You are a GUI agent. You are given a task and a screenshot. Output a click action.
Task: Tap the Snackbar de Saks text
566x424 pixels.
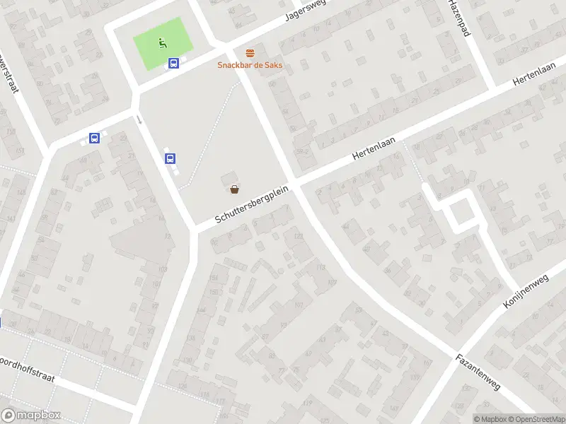point(249,65)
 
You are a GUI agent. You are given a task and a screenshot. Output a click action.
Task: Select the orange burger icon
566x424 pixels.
point(249,53)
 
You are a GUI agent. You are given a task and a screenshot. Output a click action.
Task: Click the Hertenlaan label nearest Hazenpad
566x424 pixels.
point(536,77)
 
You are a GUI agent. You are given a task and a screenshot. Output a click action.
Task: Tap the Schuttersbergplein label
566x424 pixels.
point(253,206)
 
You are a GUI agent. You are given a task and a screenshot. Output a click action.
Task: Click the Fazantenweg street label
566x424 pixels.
point(478,372)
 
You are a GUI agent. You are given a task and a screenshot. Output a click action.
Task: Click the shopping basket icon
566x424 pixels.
point(234,189)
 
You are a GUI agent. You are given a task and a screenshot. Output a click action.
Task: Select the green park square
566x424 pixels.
point(163,44)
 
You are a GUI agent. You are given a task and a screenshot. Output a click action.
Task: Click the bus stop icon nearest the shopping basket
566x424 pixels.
point(170,159)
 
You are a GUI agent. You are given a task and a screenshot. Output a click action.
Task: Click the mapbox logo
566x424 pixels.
point(31,416)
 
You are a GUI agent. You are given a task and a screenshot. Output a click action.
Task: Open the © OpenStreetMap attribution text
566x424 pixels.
point(536,419)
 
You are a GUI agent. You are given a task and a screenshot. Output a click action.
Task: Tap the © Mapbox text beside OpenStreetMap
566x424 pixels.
point(490,419)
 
